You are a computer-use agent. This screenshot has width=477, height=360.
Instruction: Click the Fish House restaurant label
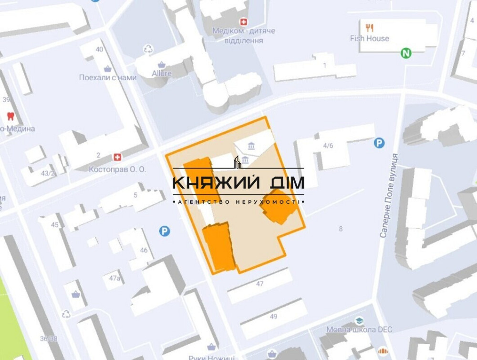(x=370, y=39)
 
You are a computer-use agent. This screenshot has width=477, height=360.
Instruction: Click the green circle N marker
(x=406, y=53)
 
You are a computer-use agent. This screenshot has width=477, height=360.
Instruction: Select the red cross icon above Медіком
(x=244, y=22)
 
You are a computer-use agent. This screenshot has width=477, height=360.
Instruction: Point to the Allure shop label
(x=162, y=74)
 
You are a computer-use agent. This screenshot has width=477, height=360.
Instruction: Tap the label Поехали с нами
(x=108, y=77)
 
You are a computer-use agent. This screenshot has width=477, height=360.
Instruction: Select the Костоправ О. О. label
(x=117, y=169)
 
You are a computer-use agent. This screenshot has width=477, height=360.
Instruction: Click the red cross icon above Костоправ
(x=117, y=158)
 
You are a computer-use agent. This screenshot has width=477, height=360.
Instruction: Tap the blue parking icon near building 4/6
(x=379, y=143)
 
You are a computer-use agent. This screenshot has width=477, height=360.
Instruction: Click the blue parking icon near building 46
(x=165, y=231)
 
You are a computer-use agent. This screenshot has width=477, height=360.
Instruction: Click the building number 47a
(x=114, y=278)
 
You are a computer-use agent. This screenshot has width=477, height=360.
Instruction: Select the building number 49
(x=273, y=317)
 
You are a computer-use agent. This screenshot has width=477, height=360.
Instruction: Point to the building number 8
(x=341, y=229)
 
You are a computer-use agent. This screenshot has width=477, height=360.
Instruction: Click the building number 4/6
(x=328, y=146)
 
